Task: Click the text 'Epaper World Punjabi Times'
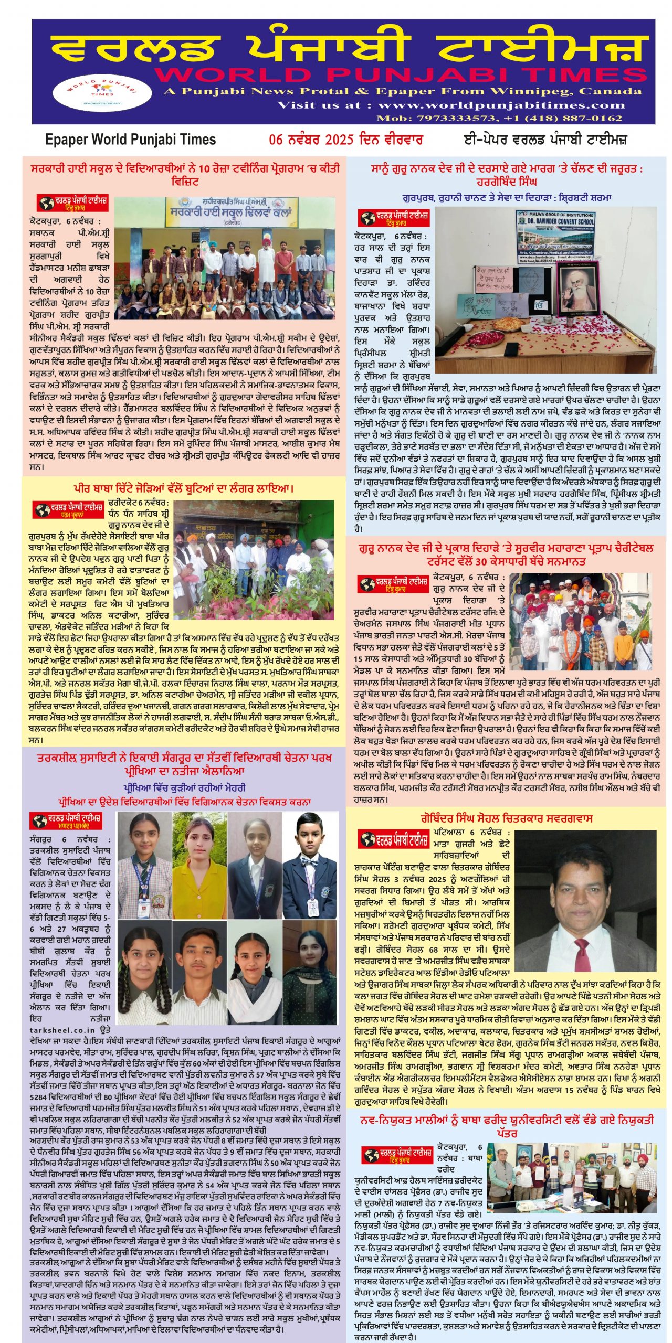pos(131,140)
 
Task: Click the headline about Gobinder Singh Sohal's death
pos(506,818)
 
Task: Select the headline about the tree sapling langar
pos(184,489)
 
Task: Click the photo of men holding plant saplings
pos(254,560)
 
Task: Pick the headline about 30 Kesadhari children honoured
pos(506,555)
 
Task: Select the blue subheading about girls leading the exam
pos(184,787)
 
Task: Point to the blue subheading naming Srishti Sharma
pos(506,198)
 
